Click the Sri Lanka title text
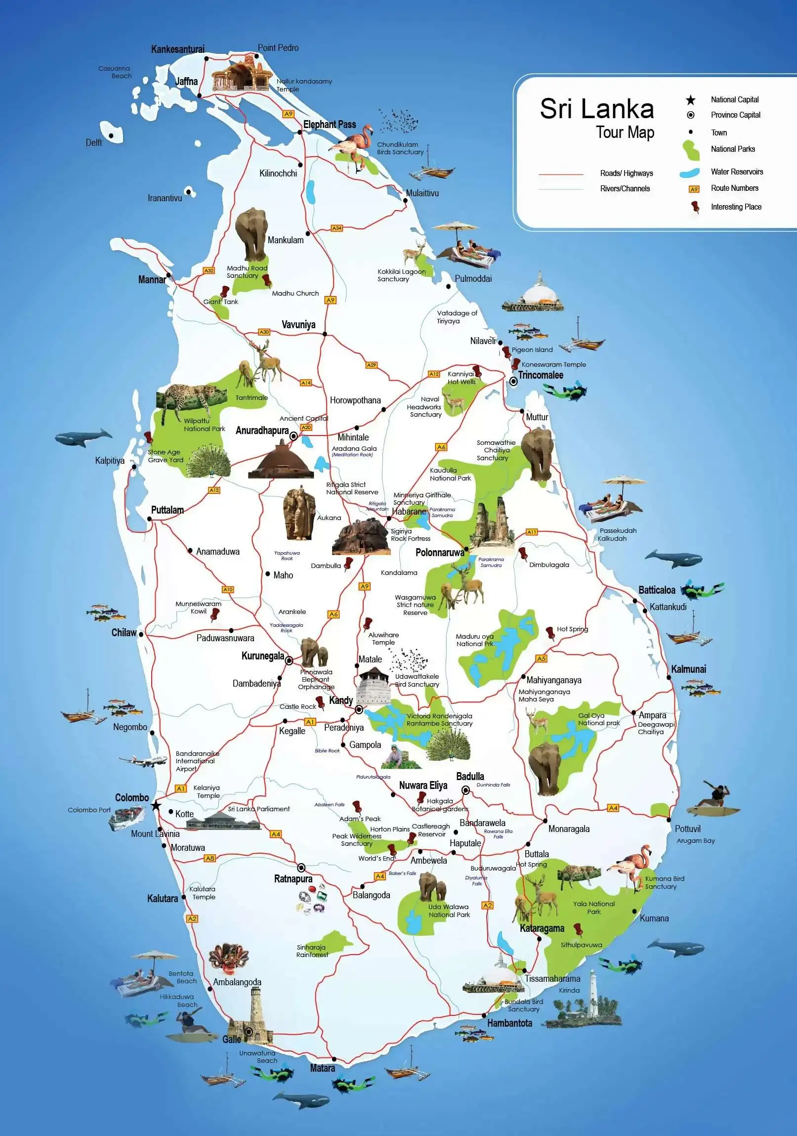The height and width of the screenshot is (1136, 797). click(x=596, y=109)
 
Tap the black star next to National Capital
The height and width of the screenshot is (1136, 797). click(x=690, y=100)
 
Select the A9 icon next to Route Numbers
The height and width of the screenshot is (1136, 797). click(x=694, y=189)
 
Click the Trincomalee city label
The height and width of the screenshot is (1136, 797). click(x=541, y=375)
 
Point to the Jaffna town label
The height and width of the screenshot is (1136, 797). click(x=186, y=82)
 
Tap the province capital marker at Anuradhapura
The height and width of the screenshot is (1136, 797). click(x=293, y=436)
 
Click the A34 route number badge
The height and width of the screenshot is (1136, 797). click(x=336, y=228)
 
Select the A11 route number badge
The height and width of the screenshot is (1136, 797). click(x=532, y=532)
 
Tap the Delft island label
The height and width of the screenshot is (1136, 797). click(x=93, y=142)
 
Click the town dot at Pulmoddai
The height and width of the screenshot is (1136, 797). click(x=449, y=286)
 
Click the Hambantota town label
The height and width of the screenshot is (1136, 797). click(x=509, y=1023)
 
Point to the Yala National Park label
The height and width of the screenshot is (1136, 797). click(x=593, y=908)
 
